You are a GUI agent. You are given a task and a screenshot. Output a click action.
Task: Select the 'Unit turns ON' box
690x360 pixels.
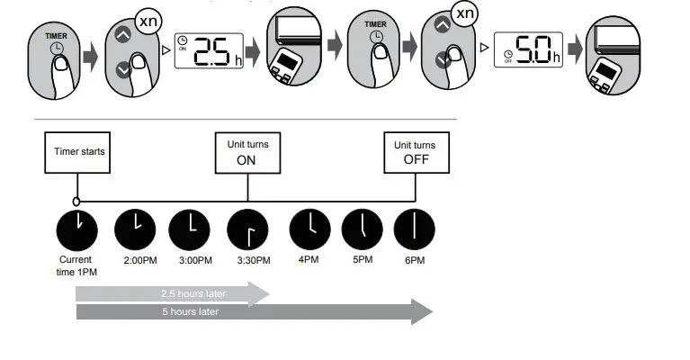coord(246,152)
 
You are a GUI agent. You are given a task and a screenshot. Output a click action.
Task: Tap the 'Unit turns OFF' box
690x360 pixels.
coord(415,152)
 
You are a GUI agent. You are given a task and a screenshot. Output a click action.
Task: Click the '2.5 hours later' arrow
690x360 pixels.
coord(171,293)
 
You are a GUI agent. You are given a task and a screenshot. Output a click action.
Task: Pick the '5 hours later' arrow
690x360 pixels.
coord(252,312)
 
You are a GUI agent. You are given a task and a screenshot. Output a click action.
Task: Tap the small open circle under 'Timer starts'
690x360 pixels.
coord(76,201)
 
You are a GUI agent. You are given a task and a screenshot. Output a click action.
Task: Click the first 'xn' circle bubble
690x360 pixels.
coord(150,18)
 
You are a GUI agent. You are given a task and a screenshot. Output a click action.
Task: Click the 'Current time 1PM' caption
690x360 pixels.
coord(76,265)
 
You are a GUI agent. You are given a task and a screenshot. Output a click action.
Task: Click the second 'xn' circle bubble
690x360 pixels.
coord(463,13)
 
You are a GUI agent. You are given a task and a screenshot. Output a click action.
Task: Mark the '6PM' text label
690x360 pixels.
coord(415,261)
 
